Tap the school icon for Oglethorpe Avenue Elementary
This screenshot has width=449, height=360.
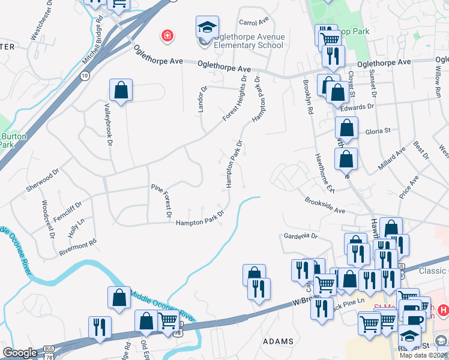tap(206, 28)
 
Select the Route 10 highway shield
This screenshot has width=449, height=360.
tap(85, 75)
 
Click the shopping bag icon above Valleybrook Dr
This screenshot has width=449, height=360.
tap(121, 91)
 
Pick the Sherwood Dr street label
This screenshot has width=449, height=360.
tap(42, 179)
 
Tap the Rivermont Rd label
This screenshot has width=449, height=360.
tap(77, 248)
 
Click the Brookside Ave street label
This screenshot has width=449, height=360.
tap(324, 206)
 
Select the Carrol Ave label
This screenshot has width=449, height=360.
tap(253, 22)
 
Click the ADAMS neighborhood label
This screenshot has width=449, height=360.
tap(279, 341)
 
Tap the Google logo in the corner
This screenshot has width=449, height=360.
tap(20, 353)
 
